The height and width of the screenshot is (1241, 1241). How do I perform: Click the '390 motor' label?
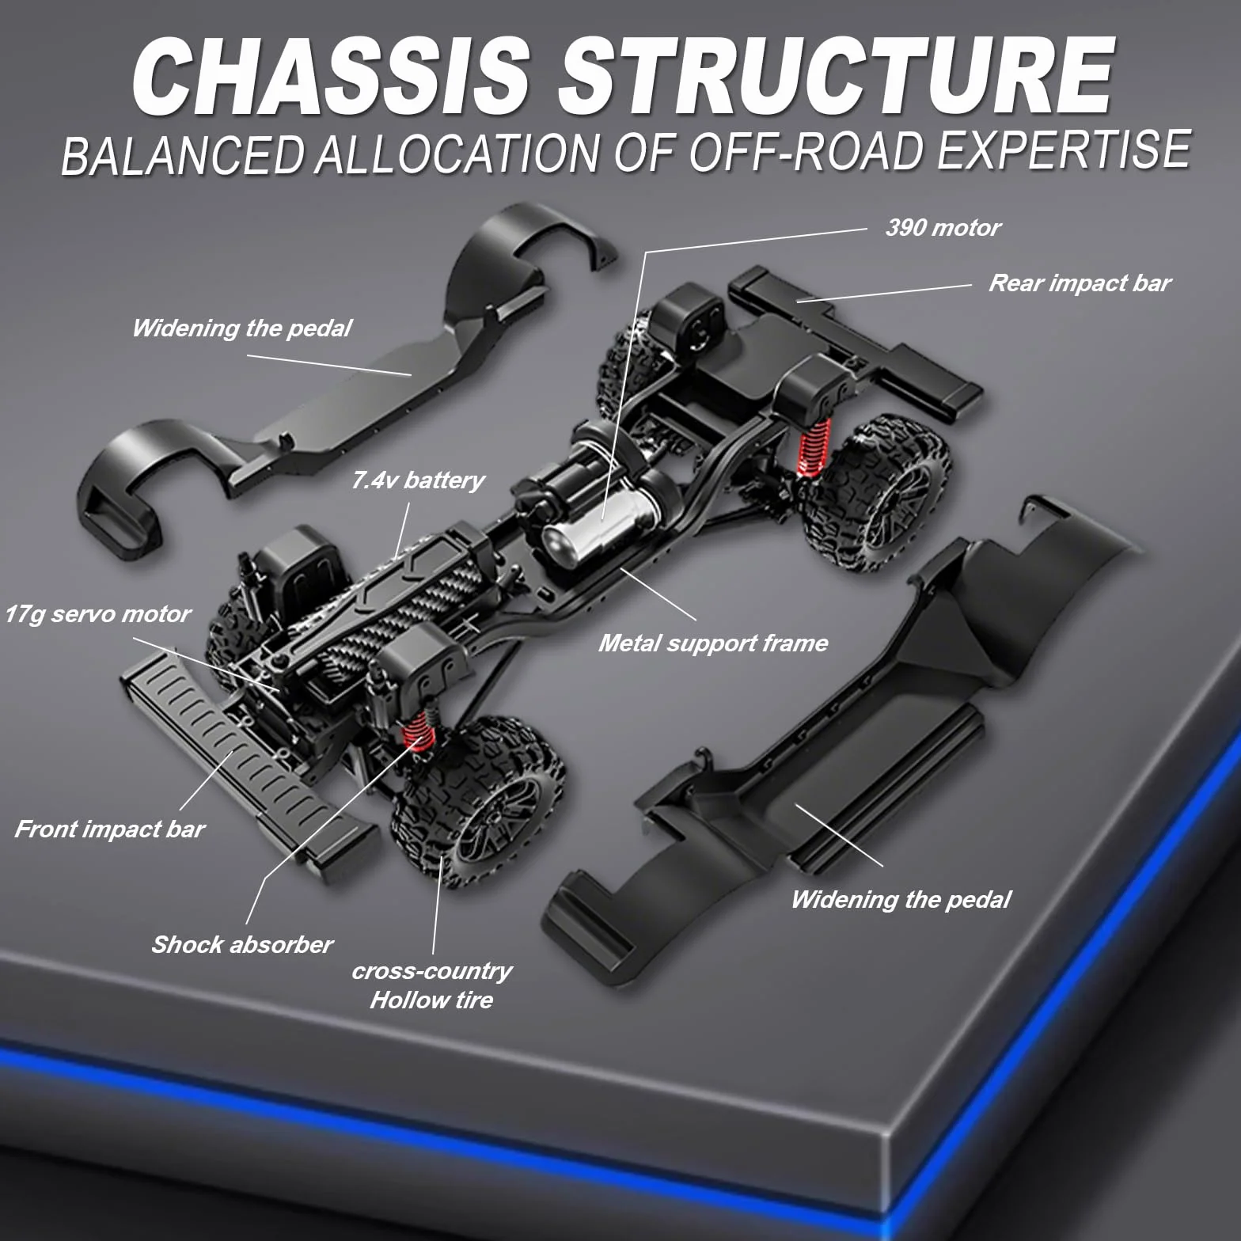pos(943,228)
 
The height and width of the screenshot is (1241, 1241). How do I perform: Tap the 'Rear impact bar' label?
pos(1080,283)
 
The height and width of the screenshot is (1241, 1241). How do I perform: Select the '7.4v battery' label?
pos(417,480)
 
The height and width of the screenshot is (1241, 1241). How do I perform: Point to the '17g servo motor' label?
pos(97,614)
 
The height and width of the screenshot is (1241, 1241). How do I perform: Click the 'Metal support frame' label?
pos(713,643)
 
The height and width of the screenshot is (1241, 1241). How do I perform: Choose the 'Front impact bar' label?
pos(109,829)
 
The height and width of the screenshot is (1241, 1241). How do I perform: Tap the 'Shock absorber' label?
pos(242,944)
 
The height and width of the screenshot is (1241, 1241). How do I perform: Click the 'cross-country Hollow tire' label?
pos(431,985)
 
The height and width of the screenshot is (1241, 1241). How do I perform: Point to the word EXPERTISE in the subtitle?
pos(1063,150)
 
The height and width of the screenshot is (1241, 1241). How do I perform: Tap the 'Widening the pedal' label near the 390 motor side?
pos(241,328)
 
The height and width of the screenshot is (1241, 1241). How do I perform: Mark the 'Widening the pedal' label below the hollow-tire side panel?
pos(901,899)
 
